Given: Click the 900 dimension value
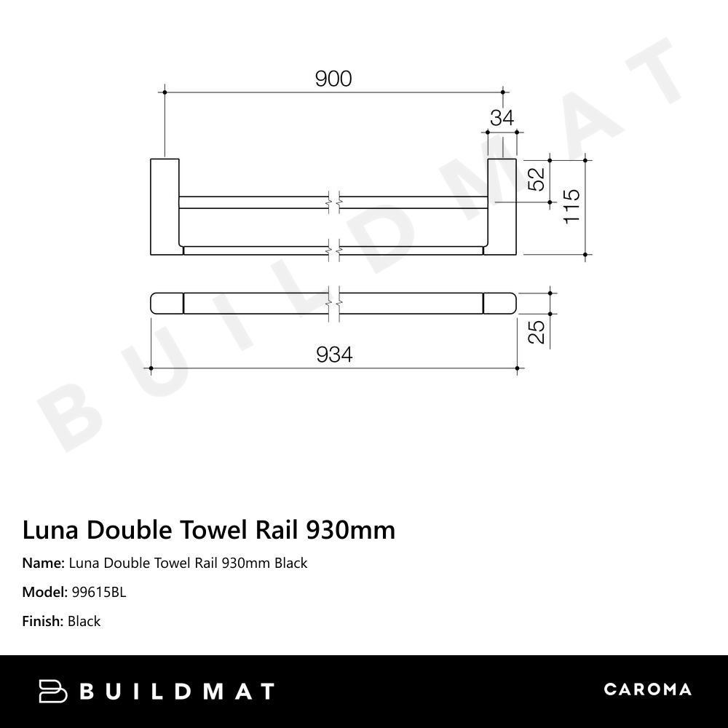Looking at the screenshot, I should coord(333,79).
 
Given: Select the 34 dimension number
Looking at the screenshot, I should coord(502,118).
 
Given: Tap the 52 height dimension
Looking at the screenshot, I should coord(536,179).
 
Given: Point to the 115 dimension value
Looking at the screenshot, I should coord(571,206).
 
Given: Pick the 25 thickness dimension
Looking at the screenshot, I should coord(536,332).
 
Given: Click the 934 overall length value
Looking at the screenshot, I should coord(334,355).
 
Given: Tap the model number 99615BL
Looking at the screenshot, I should coord(99,592).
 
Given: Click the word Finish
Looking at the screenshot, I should coord(42,621).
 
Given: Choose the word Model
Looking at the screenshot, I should coord(44,592).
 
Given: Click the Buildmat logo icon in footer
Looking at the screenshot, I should coord(52,691).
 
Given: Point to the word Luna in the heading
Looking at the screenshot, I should coord(51,530).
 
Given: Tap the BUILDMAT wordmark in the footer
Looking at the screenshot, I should coord(177,691).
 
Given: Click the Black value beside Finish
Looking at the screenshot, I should coord(84,621).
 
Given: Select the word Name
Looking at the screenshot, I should coord(42,563).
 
